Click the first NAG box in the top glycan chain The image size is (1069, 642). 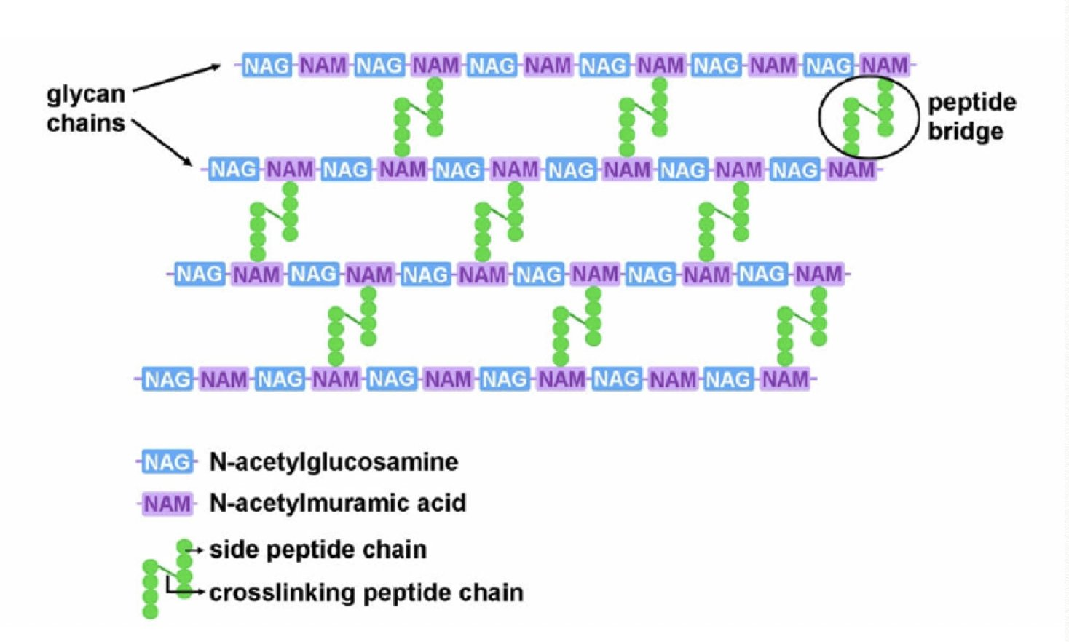click(266, 66)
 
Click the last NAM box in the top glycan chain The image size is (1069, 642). click(884, 66)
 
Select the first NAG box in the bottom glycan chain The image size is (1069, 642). click(167, 379)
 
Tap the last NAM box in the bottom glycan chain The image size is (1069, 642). click(785, 379)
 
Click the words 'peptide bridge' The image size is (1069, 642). click(971, 116)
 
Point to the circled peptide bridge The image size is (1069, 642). click(868, 116)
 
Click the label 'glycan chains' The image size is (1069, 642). click(86, 108)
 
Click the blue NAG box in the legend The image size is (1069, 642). click(167, 462)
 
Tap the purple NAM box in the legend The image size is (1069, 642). click(167, 504)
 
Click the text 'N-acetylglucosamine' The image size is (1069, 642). click(334, 462)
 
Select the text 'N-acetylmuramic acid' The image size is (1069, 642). click(337, 503)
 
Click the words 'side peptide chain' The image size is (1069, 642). click(317, 550)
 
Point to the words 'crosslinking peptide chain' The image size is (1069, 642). click(366, 593)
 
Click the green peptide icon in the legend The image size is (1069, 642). click(167, 578)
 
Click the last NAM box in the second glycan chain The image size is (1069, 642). click(851, 170)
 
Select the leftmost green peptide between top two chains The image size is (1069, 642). click(419, 116)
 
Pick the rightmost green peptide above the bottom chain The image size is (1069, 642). click(802, 326)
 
